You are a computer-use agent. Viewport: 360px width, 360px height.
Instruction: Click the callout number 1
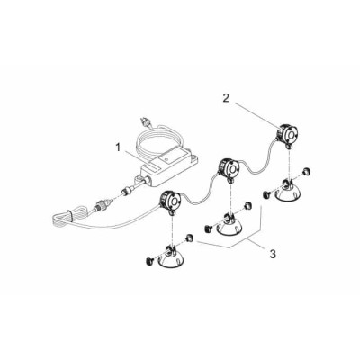click(119, 148)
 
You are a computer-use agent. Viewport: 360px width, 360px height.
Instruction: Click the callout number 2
click(226, 98)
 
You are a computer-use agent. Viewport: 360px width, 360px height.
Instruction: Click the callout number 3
click(273, 254)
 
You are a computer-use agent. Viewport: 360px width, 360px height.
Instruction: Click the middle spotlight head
click(229, 169)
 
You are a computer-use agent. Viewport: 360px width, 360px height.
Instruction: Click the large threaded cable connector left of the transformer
click(102, 206)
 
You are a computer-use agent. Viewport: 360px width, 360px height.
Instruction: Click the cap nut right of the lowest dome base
click(190, 238)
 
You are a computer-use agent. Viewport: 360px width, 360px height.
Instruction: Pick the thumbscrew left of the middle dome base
click(208, 229)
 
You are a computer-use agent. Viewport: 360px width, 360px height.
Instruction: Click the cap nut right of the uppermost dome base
click(305, 171)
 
